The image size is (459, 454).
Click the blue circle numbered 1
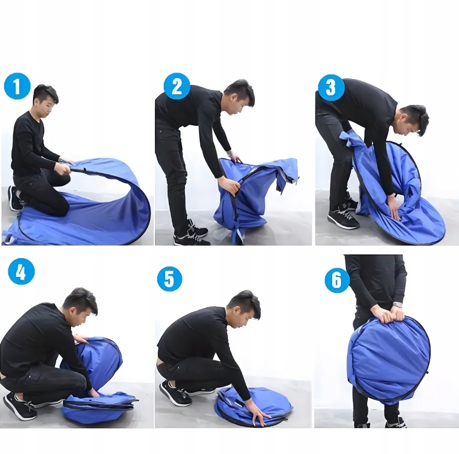pos(17,87)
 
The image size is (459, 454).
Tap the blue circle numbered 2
pos(177,87)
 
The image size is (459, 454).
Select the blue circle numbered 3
pos(331,88)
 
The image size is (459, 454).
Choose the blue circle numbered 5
pos(169,279)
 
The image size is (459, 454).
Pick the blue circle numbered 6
pos(338,280)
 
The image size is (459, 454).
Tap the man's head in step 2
pos(240,97)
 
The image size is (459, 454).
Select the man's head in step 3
pos(413,121)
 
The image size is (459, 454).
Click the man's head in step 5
pos(244,309)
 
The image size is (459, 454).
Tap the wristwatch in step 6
pos(397,305)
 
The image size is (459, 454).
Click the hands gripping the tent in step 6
pos(389,316)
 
